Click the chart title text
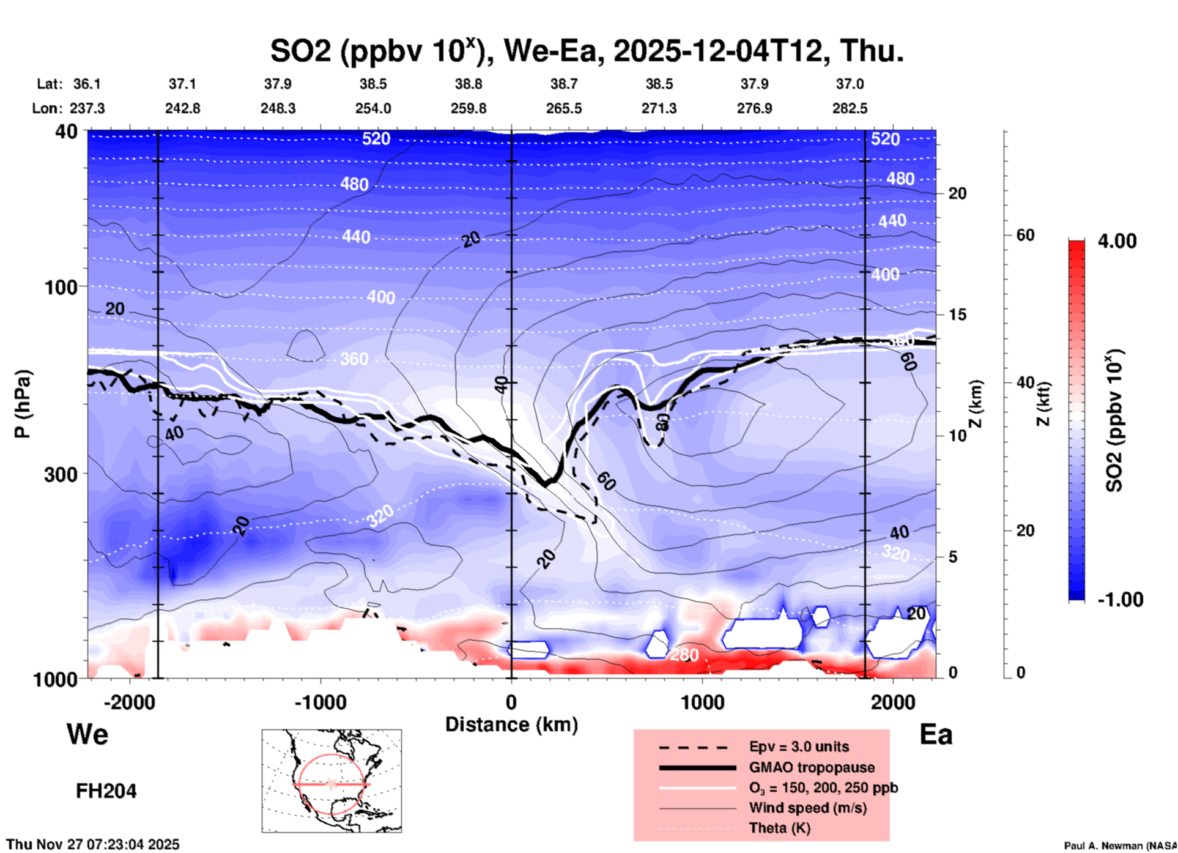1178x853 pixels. point(587,51)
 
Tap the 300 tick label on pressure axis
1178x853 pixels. point(61,474)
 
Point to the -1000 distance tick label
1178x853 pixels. point(320,702)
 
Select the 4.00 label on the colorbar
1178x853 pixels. point(1117,241)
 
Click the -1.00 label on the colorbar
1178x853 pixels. point(1120,600)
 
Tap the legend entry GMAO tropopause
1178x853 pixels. point(812,767)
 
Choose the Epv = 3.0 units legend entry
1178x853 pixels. point(799,747)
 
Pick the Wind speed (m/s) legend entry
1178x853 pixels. point(807,808)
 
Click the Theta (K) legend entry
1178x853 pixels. point(780,828)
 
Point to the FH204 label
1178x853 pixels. point(106,791)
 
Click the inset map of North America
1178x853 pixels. point(332,781)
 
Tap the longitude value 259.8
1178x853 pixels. point(469,108)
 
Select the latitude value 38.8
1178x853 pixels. point(469,84)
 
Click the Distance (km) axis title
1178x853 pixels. point(511,724)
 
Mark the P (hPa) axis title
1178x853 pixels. point(23,404)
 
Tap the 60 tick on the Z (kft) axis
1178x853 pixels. point(1025,235)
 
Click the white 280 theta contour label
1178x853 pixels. point(684,655)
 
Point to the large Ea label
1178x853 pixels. point(936,734)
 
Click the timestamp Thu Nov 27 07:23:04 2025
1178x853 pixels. point(93,844)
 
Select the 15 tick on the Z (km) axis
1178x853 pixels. point(957,315)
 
